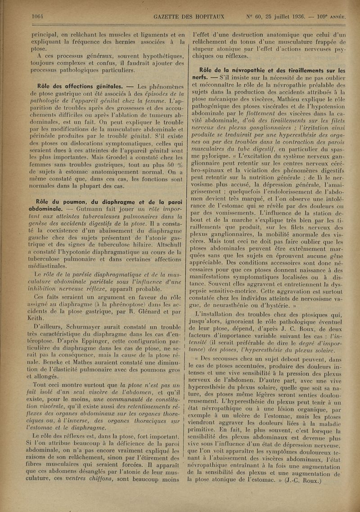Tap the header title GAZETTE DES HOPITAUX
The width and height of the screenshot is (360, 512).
coord(189,17)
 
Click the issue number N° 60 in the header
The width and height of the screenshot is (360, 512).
coord(257,17)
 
